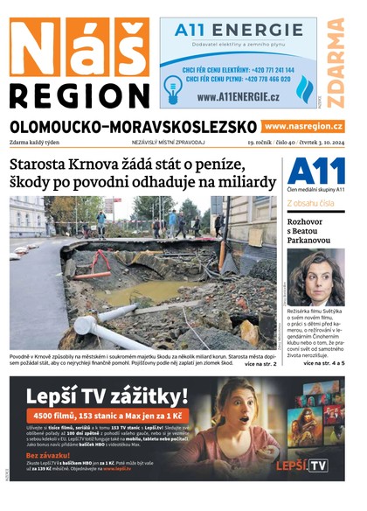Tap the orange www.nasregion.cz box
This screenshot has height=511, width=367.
[303, 127]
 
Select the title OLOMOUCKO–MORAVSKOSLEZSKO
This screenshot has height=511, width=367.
[134, 127]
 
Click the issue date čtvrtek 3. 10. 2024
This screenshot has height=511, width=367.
[314, 142]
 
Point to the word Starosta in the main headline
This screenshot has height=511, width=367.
[43, 164]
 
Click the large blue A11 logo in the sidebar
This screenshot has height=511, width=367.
[315, 171]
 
